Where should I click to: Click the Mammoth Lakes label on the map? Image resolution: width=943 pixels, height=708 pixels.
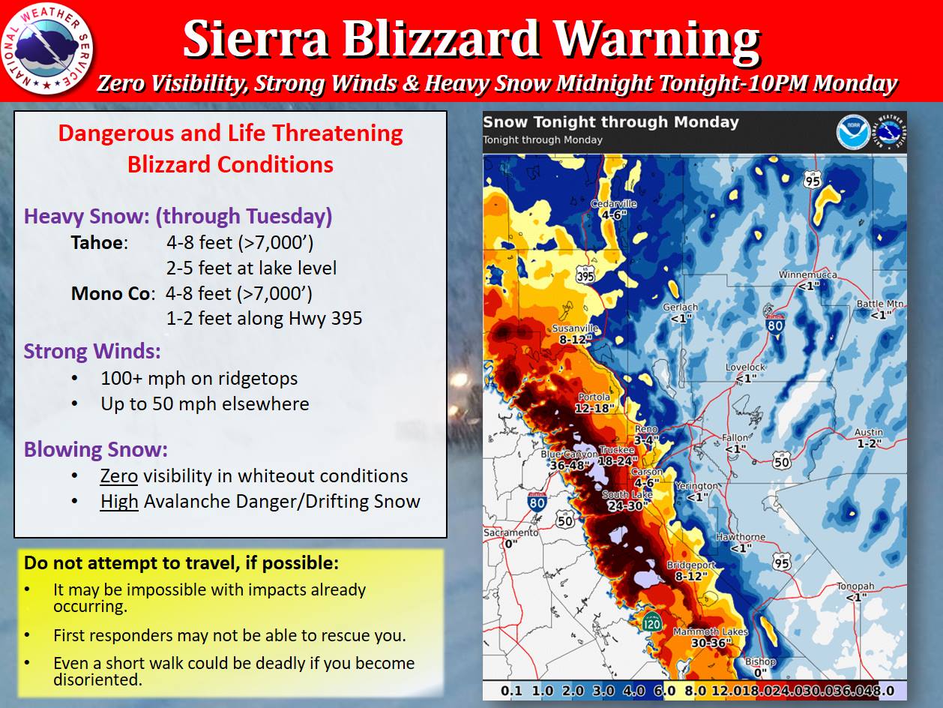coord(710,632)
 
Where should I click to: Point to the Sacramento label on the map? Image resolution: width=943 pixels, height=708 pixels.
coord(510,532)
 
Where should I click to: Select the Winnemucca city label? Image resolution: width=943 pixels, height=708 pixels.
coord(807,274)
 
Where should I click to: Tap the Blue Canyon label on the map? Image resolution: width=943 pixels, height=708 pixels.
coord(569,454)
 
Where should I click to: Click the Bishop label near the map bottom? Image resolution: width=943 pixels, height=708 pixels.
coord(760,661)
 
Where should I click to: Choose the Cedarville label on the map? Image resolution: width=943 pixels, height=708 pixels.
coord(613,204)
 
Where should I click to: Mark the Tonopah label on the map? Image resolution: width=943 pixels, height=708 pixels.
coord(855,586)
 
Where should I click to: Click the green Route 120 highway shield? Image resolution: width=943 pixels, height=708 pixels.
coord(651,622)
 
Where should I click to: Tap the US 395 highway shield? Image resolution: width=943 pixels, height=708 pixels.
coord(585,274)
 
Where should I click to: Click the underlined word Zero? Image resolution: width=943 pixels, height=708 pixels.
coord(119,476)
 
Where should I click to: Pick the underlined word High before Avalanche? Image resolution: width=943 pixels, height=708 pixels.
coord(119,502)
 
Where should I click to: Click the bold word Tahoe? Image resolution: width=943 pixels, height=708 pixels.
coord(97,243)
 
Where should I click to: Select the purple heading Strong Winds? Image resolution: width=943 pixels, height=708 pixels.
coord(92,351)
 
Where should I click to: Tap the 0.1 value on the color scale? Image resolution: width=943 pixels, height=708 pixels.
coord(511,691)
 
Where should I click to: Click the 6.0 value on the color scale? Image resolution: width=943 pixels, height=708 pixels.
coord(665,691)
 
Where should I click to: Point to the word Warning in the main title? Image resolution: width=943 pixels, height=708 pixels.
coord(657,40)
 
